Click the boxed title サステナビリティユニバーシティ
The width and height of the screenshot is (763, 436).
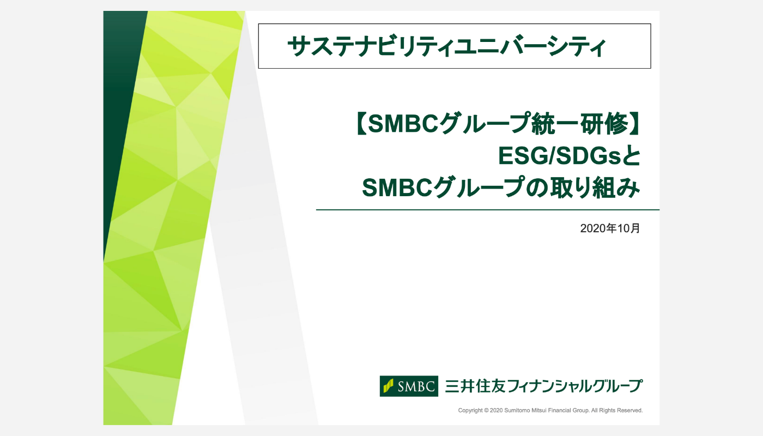[446, 46]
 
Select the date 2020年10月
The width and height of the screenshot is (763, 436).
[610, 228]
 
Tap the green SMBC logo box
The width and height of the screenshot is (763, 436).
[409, 386]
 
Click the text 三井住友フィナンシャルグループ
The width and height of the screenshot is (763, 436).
[544, 386]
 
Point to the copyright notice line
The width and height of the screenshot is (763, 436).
[550, 410]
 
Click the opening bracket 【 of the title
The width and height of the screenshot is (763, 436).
[360, 124]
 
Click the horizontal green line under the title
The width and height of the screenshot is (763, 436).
[488, 210]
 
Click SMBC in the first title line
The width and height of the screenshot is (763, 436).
[403, 124]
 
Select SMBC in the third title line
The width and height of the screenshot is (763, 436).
[397, 187]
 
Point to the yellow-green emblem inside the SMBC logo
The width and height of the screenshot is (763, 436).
[388, 386]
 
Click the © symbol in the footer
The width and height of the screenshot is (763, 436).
[486, 410]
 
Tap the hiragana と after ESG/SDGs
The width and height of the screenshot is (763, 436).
[631, 156]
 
